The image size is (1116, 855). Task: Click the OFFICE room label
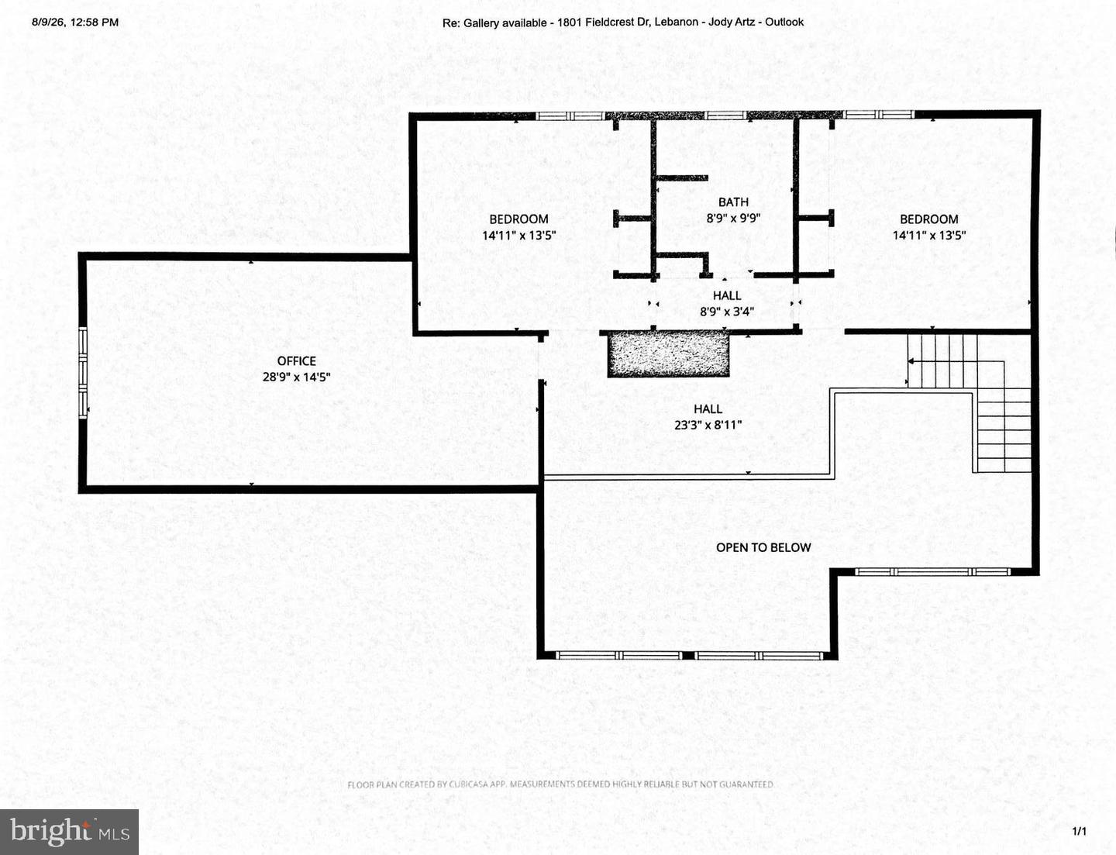coord(296,361)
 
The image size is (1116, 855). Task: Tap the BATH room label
coord(733,202)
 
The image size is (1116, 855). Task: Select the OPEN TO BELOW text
coord(763,547)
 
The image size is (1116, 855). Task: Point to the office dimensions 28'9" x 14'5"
coord(296,377)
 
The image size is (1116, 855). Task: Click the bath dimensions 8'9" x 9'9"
coord(733,218)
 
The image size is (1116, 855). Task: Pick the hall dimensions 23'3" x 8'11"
coord(708,425)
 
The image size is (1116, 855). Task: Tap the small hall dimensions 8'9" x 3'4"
coord(727,311)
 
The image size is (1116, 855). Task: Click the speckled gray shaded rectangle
coord(668,354)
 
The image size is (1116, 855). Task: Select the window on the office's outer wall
coord(83,374)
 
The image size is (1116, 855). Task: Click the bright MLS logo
coord(69,832)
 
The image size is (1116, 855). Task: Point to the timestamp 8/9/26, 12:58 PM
coord(75,22)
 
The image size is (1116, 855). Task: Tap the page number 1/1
coord(1079,831)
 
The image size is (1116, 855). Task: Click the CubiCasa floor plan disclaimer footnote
coord(560,784)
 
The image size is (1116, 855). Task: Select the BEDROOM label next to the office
coord(518,219)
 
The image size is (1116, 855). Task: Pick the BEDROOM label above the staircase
coord(929,219)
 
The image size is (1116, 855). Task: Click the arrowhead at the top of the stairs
coord(911,361)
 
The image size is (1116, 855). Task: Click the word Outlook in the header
coord(784,22)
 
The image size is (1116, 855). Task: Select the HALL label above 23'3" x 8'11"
coord(708,409)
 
